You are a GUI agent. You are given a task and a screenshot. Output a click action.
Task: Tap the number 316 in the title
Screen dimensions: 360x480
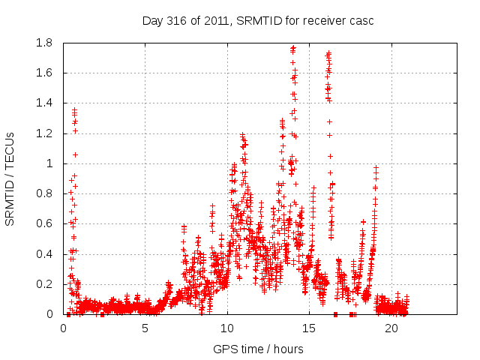click(x=177, y=21)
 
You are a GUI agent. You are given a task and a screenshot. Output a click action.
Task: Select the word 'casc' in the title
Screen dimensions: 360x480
click(x=361, y=21)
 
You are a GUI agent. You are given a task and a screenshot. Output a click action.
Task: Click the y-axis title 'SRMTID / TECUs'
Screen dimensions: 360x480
click(x=10, y=178)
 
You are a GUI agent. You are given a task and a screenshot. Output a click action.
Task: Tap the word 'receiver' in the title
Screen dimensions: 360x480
click(x=323, y=21)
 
